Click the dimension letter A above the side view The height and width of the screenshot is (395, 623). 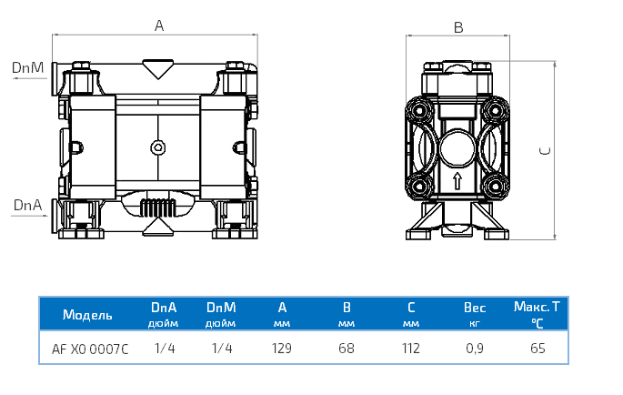(158, 26)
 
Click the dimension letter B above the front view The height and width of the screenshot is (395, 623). (458, 27)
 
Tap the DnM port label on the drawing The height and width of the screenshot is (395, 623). (27, 67)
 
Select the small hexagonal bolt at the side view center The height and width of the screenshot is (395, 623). (158, 147)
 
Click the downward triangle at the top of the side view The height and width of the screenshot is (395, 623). (158, 67)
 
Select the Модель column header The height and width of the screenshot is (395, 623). (87, 316)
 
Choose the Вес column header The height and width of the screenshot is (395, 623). (474, 309)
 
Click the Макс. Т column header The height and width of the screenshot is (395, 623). (537, 309)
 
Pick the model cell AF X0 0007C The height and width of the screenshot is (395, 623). (90, 348)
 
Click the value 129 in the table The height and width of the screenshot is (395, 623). (282, 348)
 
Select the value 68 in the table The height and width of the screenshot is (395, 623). (346, 348)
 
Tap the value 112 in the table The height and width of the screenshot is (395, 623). (411, 348)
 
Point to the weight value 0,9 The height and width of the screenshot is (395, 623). (474, 348)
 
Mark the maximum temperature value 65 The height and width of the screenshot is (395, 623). (537, 348)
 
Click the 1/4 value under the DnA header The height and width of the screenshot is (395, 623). (164, 348)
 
